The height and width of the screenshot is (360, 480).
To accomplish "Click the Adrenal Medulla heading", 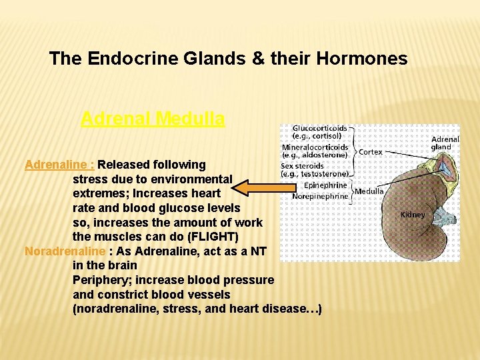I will (x=153, y=119).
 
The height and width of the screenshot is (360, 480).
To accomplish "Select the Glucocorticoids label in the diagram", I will (x=319, y=128).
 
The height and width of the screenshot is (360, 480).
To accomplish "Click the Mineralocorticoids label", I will (x=315, y=147).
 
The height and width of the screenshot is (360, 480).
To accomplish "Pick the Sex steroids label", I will (x=302, y=166).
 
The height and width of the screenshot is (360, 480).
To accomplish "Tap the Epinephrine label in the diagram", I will (x=325, y=185).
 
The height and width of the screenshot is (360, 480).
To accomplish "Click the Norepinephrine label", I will (x=320, y=196).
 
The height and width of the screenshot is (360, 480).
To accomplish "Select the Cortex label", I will (x=371, y=152).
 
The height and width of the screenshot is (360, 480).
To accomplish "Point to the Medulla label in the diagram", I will (x=369, y=191).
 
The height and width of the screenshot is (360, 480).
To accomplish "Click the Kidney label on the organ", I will (x=412, y=215).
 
